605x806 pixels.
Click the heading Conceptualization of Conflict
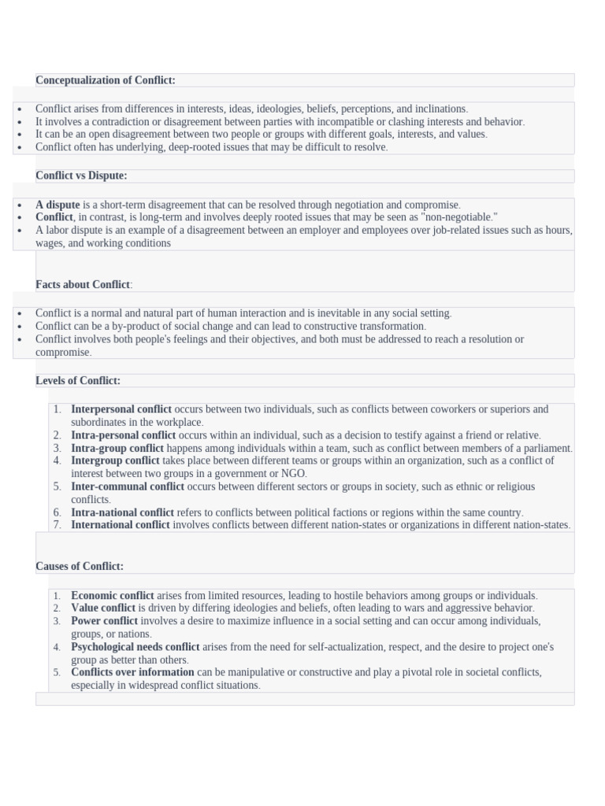pos(106,80)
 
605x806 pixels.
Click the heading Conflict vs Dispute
pos(81,176)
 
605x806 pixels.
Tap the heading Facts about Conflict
pos(84,284)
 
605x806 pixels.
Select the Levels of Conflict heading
pos(78,381)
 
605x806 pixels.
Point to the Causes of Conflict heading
pos(80,566)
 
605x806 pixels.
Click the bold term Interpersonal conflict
pos(121,409)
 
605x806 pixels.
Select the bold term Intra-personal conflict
pos(124,435)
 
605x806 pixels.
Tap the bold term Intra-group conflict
pos(117,448)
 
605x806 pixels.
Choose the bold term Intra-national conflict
pos(123,512)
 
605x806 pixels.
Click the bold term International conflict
pos(121,525)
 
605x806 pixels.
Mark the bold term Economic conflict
pos(113,596)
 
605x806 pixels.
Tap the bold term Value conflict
pos(103,608)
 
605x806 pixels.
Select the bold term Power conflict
pos(104,621)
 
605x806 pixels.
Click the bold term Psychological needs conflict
pos(135,647)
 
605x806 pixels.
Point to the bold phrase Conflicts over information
pos(132,672)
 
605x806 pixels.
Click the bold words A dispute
pos(58,205)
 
